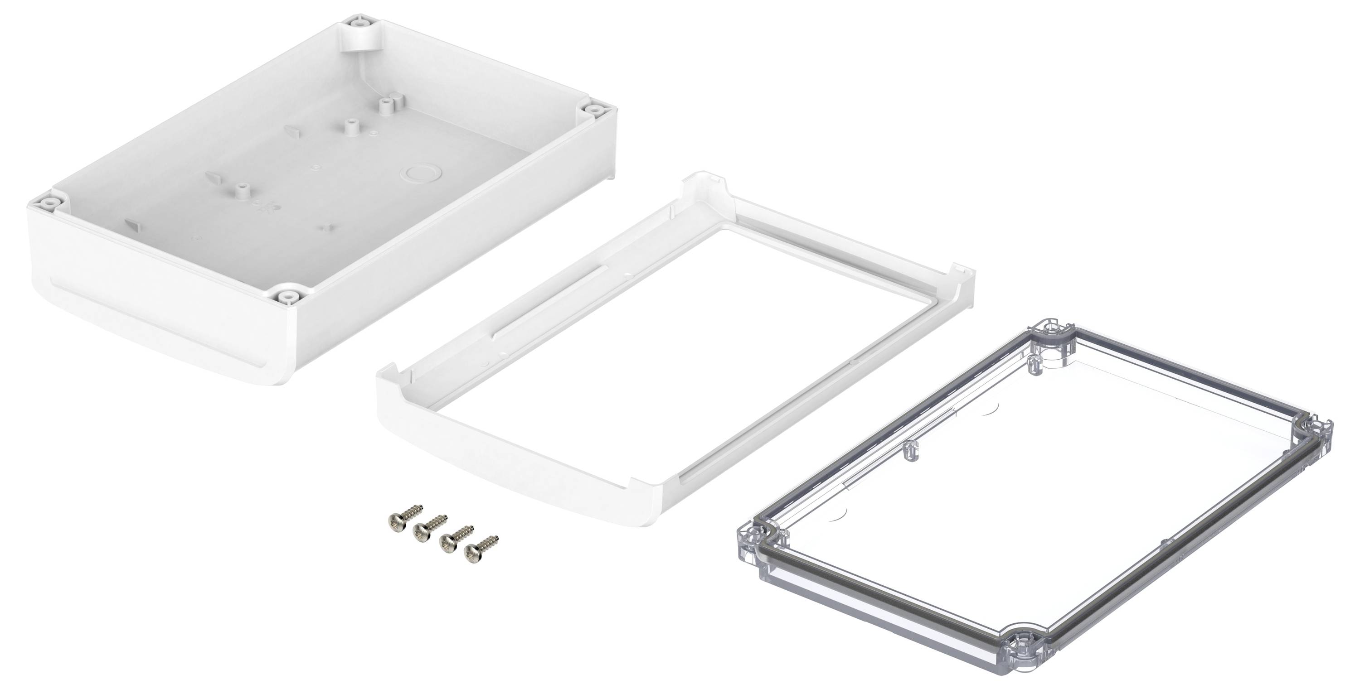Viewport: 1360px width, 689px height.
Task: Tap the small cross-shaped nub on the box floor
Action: (327, 227)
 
